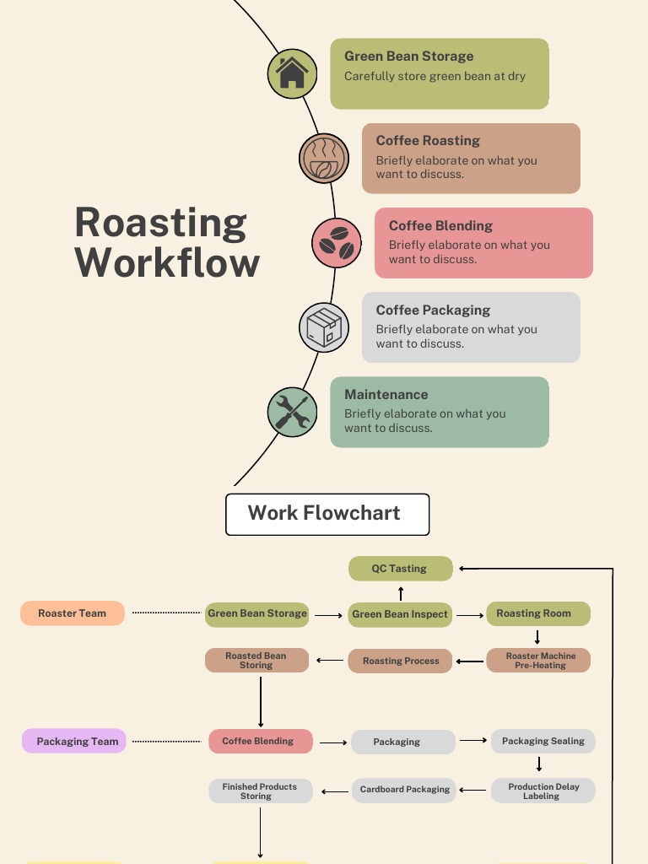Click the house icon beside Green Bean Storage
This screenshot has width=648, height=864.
pyautogui.click(x=292, y=72)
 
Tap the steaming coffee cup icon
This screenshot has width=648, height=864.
pyautogui.click(x=324, y=159)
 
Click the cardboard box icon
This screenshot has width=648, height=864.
pyautogui.click(x=324, y=327)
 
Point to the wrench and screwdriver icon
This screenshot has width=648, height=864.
pyautogui.click(x=292, y=412)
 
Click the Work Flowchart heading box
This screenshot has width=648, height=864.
pyautogui.click(x=327, y=514)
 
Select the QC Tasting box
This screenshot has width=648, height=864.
pyautogui.click(x=401, y=569)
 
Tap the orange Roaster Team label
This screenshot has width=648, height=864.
pyautogui.click(x=73, y=613)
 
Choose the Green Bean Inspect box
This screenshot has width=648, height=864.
pyautogui.click(x=400, y=614)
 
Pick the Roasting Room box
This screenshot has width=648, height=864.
pyautogui.click(x=537, y=613)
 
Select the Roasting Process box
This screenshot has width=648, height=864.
pyautogui.click(x=400, y=661)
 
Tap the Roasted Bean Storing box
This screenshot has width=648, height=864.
pyautogui.click(x=256, y=661)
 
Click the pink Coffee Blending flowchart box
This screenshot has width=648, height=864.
pyautogui.click(x=261, y=741)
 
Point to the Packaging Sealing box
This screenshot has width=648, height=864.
pyautogui.click(x=543, y=741)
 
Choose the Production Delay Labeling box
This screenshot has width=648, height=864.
pyautogui.click(x=543, y=791)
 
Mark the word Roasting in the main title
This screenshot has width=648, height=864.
pyautogui.click(x=160, y=223)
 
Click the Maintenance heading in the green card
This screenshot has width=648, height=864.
pyautogui.click(x=386, y=394)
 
